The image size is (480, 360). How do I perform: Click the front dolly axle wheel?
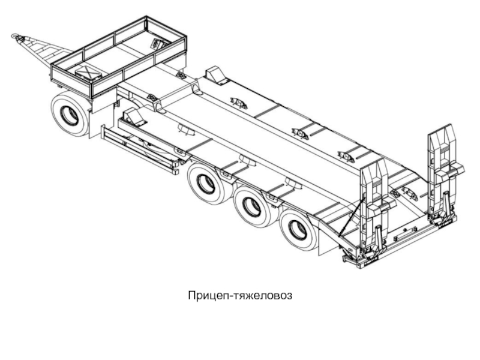click(70, 114)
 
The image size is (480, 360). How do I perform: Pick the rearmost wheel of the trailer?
click(298, 230)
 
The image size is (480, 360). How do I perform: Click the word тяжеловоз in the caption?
click(263, 296)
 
